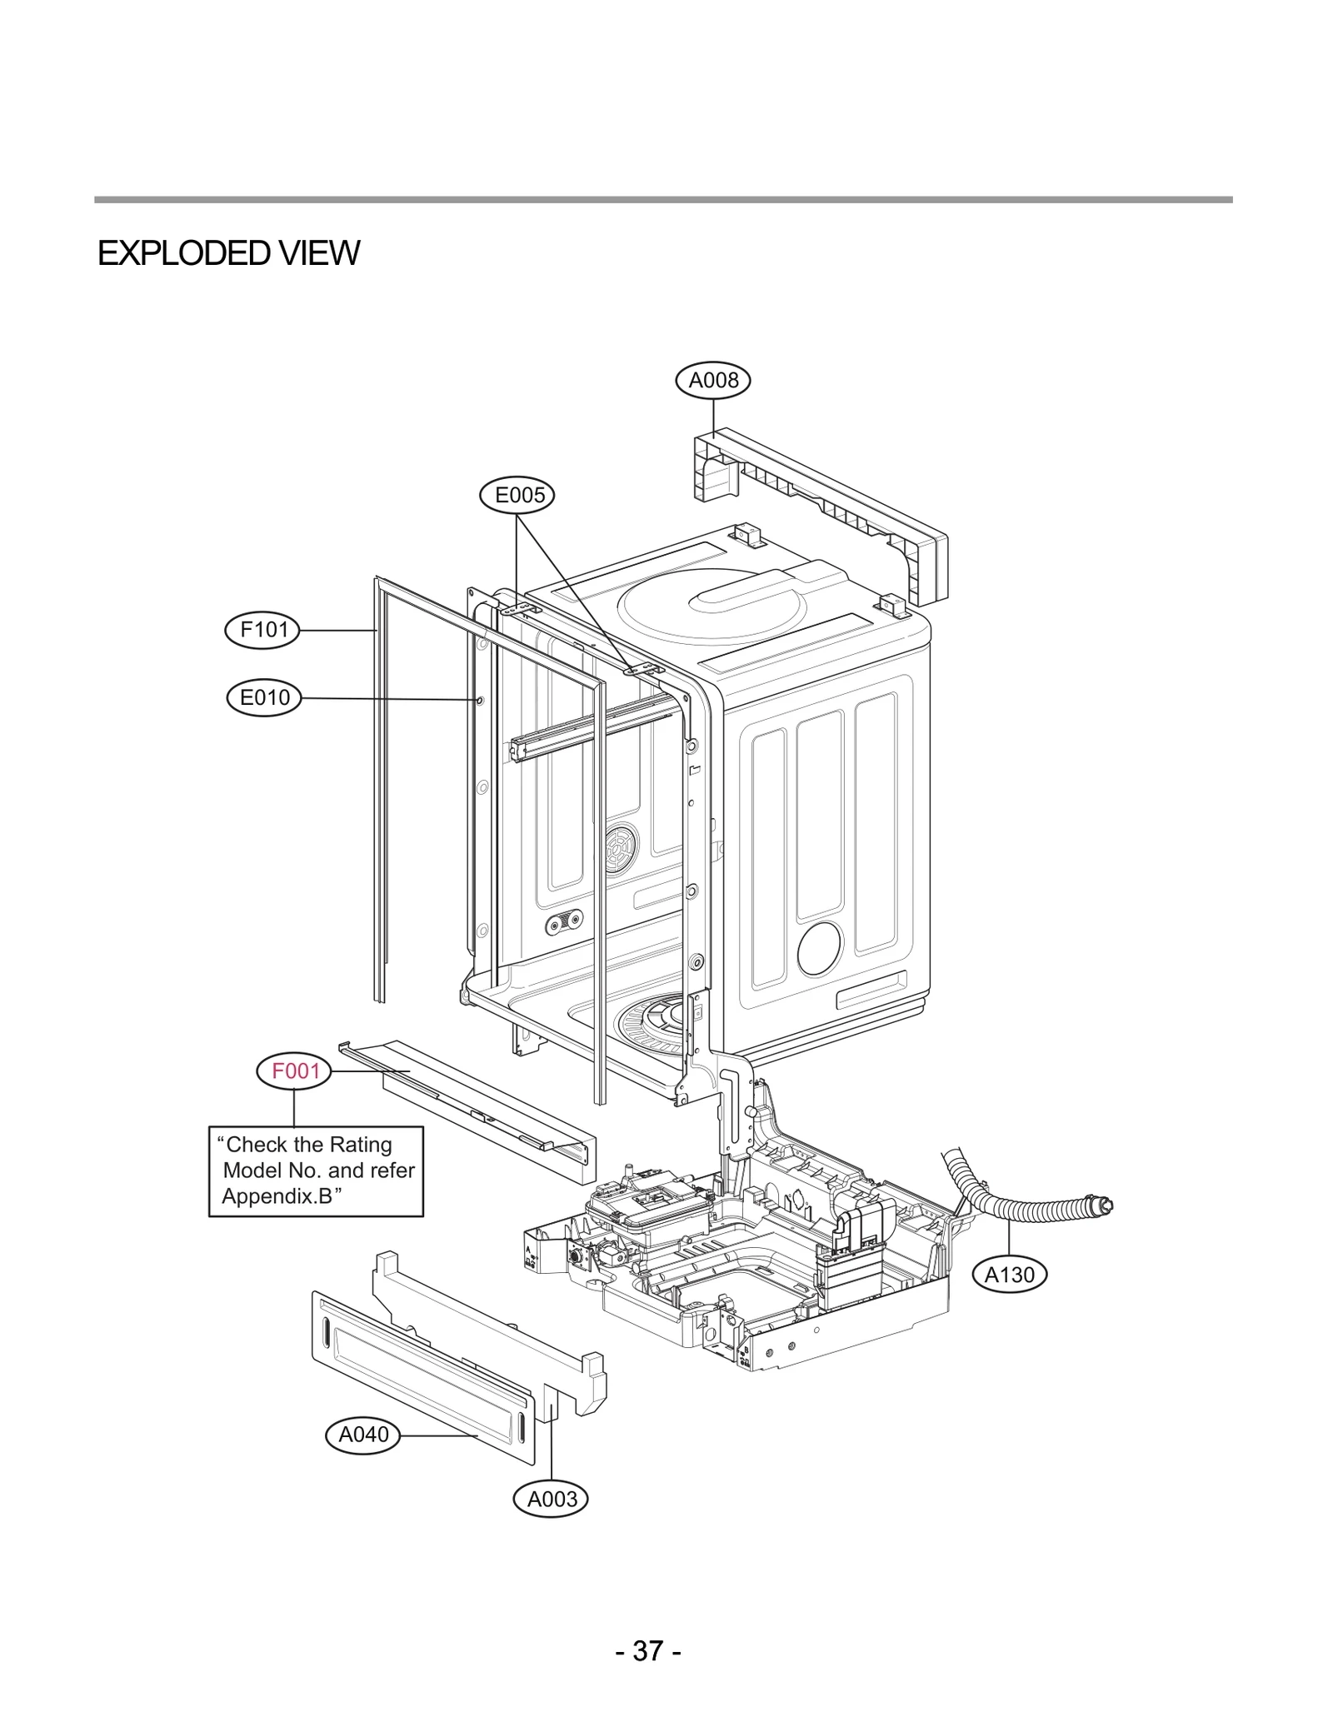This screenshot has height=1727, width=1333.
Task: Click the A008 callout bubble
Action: [x=712, y=381]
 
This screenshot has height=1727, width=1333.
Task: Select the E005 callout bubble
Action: [x=517, y=496]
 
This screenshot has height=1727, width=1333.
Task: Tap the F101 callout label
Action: [x=262, y=630]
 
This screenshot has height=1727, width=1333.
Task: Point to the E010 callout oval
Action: [x=264, y=697]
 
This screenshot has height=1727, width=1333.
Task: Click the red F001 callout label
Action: [x=295, y=1071]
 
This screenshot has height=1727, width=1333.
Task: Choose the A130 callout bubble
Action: [x=1009, y=1275]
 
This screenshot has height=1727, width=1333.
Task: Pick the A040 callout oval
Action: [x=363, y=1435]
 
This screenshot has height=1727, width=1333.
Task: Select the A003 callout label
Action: [x=552, y=1500]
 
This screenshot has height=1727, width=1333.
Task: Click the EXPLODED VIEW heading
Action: [x=228, y=253]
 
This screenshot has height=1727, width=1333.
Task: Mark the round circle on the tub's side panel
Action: [x=819, y=948]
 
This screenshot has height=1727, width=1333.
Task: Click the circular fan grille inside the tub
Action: [x=621, y=850]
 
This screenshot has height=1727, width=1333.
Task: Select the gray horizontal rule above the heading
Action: [x=663, y=200]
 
